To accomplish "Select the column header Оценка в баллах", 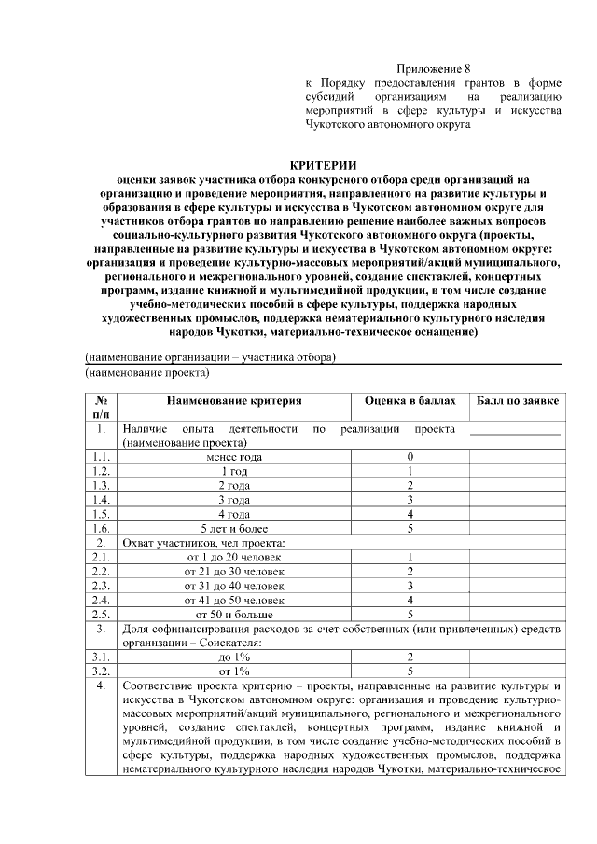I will tap(410, 401).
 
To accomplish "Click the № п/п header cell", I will tap(102, 408).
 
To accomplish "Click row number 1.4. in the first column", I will tap(102, 500).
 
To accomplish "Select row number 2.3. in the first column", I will tap(102, 586).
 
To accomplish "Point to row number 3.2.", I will tap(102, 671).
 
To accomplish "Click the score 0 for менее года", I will tap(410, 457).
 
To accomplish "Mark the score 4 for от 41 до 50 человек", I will tap(410, 600).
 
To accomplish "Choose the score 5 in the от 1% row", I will tap(410, 671).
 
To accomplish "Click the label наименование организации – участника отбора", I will tap(211, 358).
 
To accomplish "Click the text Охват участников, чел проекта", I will tap(204, 543).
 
